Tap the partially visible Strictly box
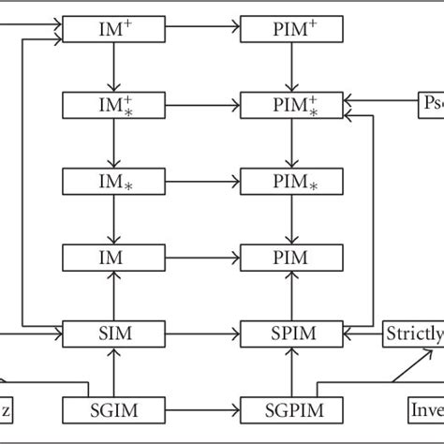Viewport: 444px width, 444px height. tap(413, 333)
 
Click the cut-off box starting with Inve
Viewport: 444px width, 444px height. tap(423, 409)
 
